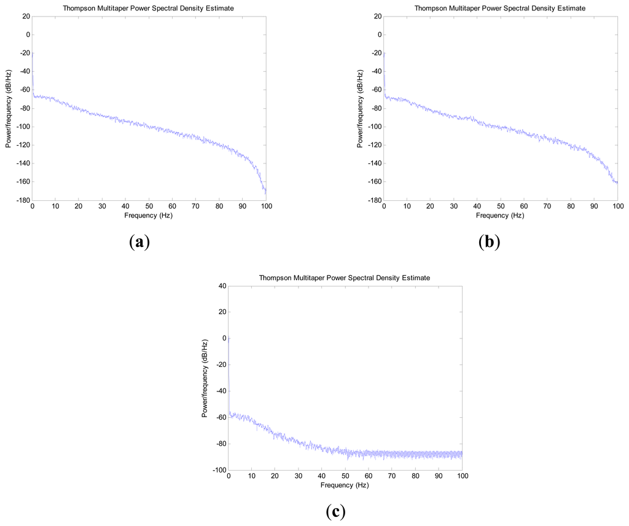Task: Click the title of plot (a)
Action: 148,7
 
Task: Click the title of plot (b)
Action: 500,7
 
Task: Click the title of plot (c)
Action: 344,278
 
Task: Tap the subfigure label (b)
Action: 489,241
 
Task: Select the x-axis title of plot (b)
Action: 501,216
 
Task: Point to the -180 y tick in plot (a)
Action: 21,200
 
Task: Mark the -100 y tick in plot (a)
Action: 21,127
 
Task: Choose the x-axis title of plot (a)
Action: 149,216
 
